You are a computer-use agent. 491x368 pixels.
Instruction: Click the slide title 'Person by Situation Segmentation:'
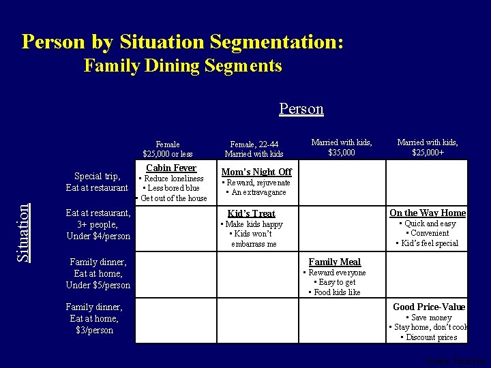click(x=183, y=42)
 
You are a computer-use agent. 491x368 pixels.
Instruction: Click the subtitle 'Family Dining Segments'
click(x=183, y=66)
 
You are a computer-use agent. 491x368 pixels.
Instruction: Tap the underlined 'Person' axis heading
click(x=301, y=109)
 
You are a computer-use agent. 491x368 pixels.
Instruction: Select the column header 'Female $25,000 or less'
click(x=168, y=149)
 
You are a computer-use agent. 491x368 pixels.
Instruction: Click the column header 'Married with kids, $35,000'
click(x=342, y=147)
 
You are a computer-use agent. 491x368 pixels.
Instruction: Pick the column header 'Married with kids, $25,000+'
click(x=428, y=147)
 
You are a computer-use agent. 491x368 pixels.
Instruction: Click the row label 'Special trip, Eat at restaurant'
click(x=97, y=182)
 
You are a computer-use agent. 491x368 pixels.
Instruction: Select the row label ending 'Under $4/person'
click(x=98, y=224)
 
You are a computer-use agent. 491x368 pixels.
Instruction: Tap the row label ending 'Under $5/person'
click(x=98, y=273)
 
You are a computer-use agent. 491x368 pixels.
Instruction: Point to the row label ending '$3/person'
click(x=94, y=319)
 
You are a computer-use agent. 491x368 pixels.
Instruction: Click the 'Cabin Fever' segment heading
click(x=171, y=168)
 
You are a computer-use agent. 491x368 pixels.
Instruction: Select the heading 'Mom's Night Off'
click(x=256, y=172)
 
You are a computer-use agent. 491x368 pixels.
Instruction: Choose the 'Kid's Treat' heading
click(x=252, y=213)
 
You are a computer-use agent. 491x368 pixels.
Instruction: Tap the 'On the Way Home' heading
click(x=428, y=213)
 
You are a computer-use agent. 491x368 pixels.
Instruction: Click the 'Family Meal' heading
click(x=335, y=262)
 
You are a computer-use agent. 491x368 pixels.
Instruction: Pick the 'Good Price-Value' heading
click(x=429, y=307)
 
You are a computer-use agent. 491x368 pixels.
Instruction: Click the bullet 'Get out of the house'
click(x=173, y=198)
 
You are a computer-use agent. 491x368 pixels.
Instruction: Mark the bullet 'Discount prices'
click(x=429, y=337)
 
